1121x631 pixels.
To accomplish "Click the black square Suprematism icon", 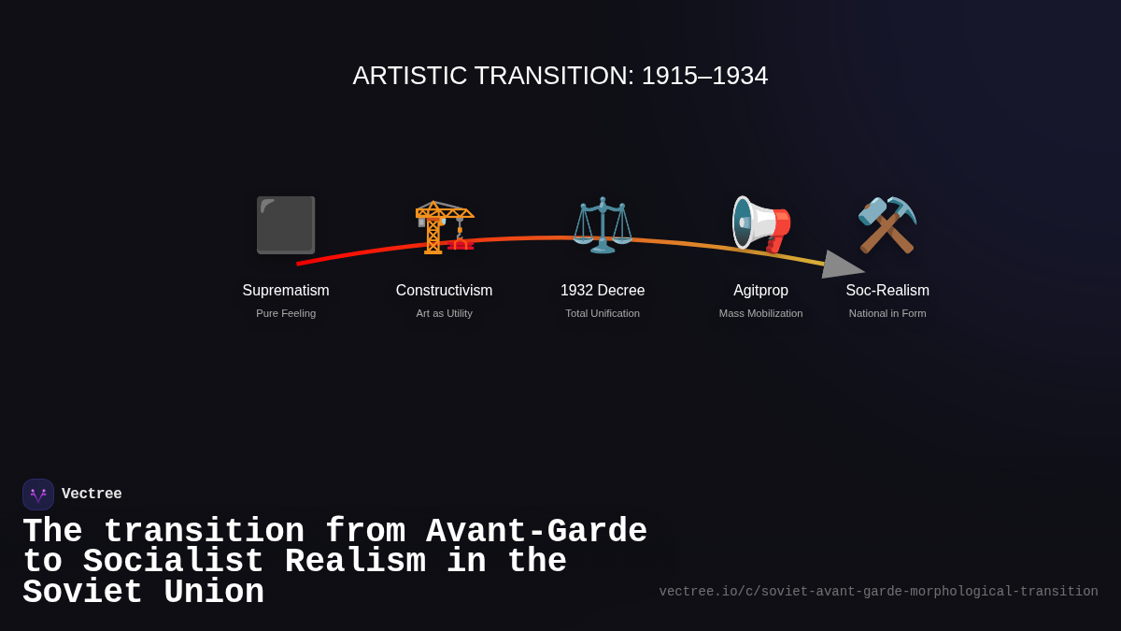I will [x=286, y=224].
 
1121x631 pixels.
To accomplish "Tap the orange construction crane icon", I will [x=445, y=225].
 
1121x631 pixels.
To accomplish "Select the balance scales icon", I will [x=603, y=225].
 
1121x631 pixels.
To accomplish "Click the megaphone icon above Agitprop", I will [x=760, y=225].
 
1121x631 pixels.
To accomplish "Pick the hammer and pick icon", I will [x=887, y=225].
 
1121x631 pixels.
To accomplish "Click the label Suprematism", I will [x=286, y=291].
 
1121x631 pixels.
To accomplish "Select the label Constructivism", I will [x=444, y=291].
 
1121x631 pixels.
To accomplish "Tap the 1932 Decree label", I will [x=603, y=291].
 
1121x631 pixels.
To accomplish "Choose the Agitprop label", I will [x=760, y=291].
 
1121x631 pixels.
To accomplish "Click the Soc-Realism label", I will [x=887, y=291].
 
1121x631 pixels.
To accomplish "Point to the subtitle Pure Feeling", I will [x=286, y=313].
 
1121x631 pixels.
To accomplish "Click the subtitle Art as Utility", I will [x=444, y=313].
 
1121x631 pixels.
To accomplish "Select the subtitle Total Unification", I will [x=603, y=313].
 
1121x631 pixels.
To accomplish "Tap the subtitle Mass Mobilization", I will [x=760, y=313].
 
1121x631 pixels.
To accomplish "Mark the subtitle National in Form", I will [x=887, y=313].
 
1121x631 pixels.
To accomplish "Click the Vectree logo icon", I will [x=38, y=495].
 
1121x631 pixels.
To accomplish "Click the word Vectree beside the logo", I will [x=92, y=495].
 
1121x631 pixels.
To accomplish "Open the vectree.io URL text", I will [x=878, y=592].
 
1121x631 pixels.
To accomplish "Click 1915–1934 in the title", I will [x=704, y=76].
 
